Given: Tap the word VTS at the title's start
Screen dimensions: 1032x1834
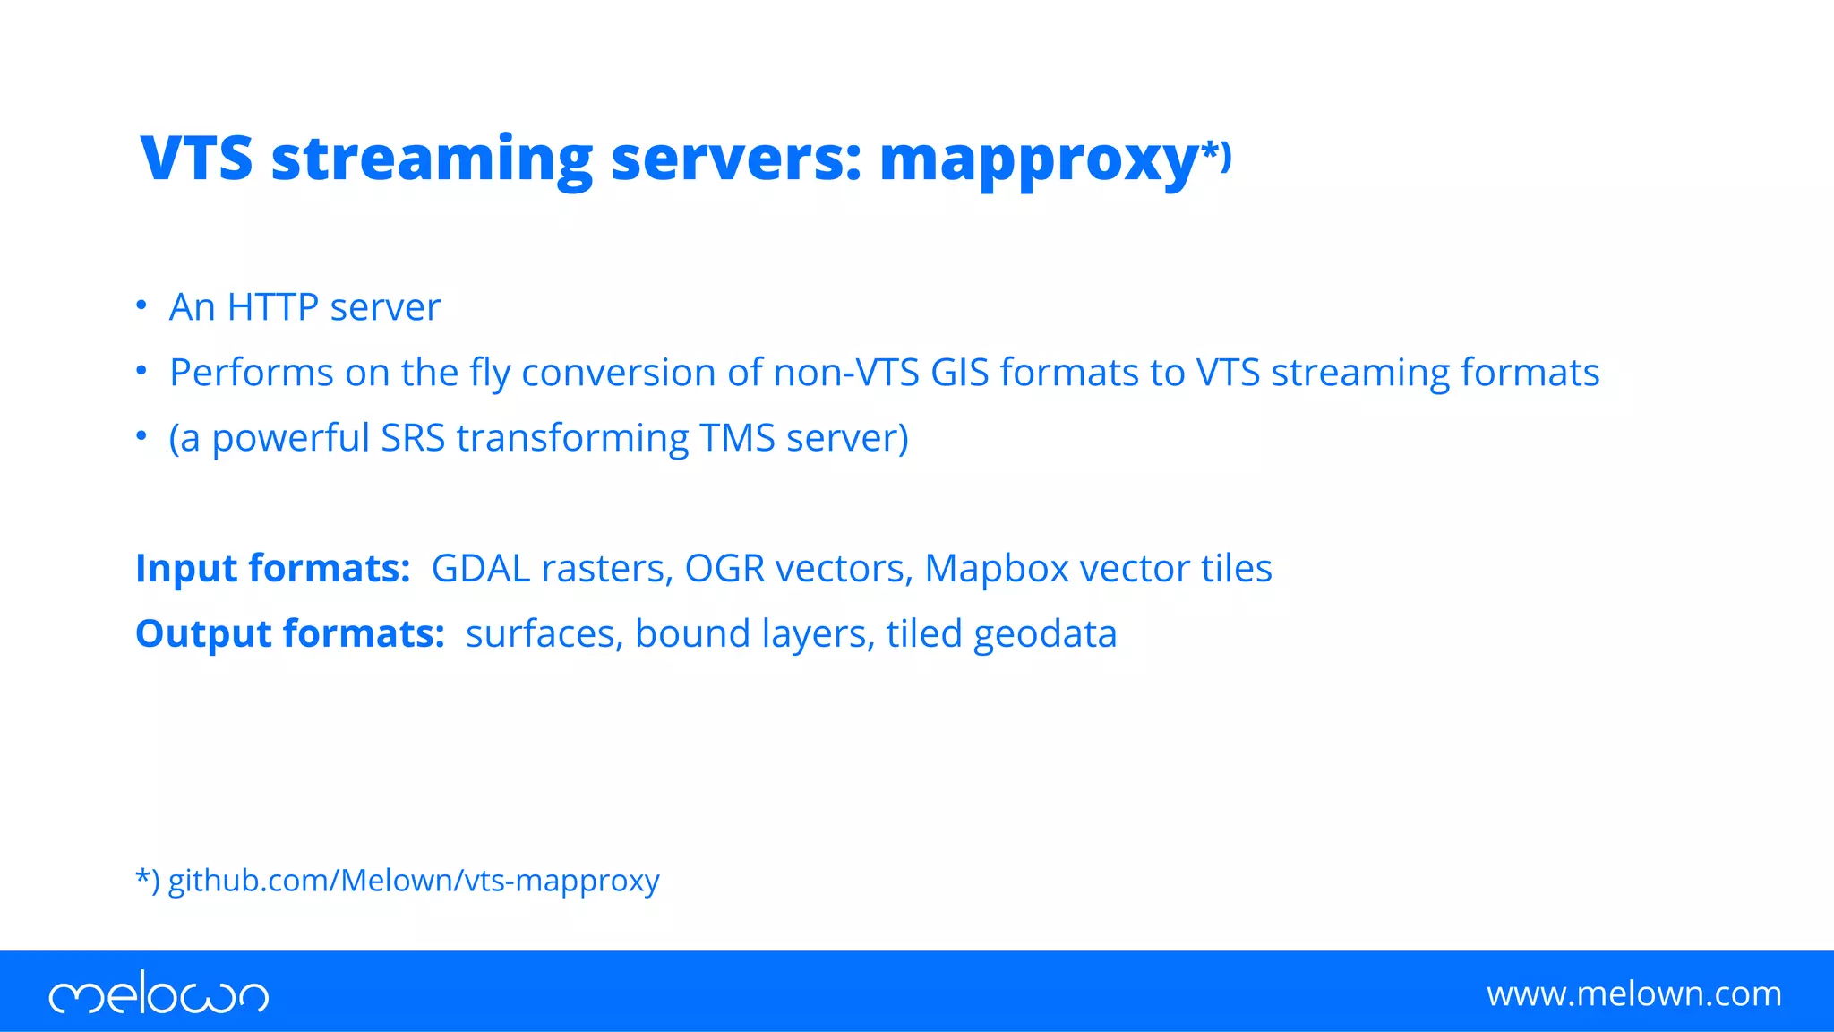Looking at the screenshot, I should [196, 159].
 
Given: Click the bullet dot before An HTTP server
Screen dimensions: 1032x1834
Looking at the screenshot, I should [141, 305].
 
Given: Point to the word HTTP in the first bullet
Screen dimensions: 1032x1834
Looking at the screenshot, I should [272, 307].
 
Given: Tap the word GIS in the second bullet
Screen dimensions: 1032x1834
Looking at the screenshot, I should [959, 373].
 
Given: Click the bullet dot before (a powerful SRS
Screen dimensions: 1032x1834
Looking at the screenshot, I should [141, 436].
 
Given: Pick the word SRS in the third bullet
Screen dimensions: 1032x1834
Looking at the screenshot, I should [413, 438].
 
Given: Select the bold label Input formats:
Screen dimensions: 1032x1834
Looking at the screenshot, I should [272, 569].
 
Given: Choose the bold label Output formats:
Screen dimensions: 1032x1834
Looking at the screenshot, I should [289, 634].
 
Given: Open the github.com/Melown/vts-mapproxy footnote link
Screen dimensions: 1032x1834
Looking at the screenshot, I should [414, 881].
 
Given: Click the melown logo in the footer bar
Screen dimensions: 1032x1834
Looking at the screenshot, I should [159, 993].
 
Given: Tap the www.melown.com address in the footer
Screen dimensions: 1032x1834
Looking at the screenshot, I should [1633, 993].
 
